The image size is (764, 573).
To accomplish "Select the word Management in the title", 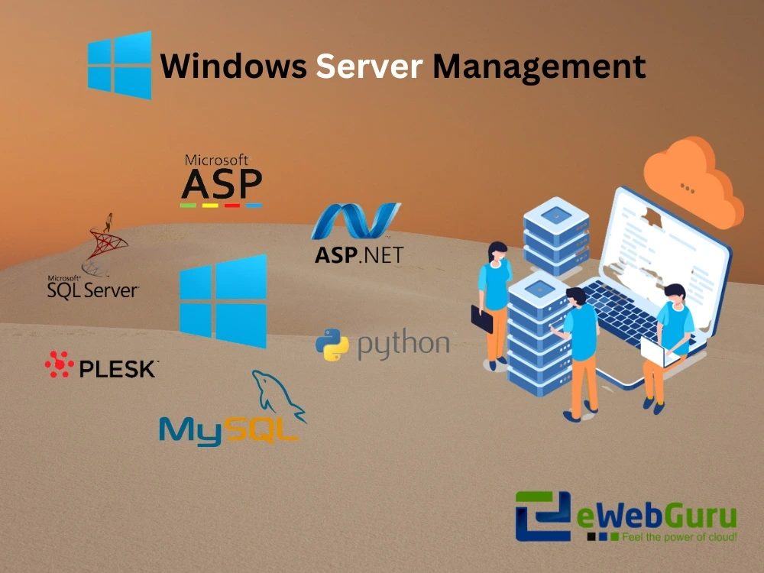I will [x=539, y=66].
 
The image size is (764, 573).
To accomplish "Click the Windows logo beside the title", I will [x=120, y=65].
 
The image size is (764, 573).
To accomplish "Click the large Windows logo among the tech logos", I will [x=223, y=301].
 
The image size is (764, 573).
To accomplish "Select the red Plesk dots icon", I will [x=59, y=365].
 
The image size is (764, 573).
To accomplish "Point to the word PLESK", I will [x=118, y=369].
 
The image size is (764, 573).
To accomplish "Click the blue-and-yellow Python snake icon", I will [x=332, y=345].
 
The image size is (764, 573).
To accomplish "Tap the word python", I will [x=403, y=345].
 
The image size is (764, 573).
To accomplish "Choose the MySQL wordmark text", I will [x=228, y=430].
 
